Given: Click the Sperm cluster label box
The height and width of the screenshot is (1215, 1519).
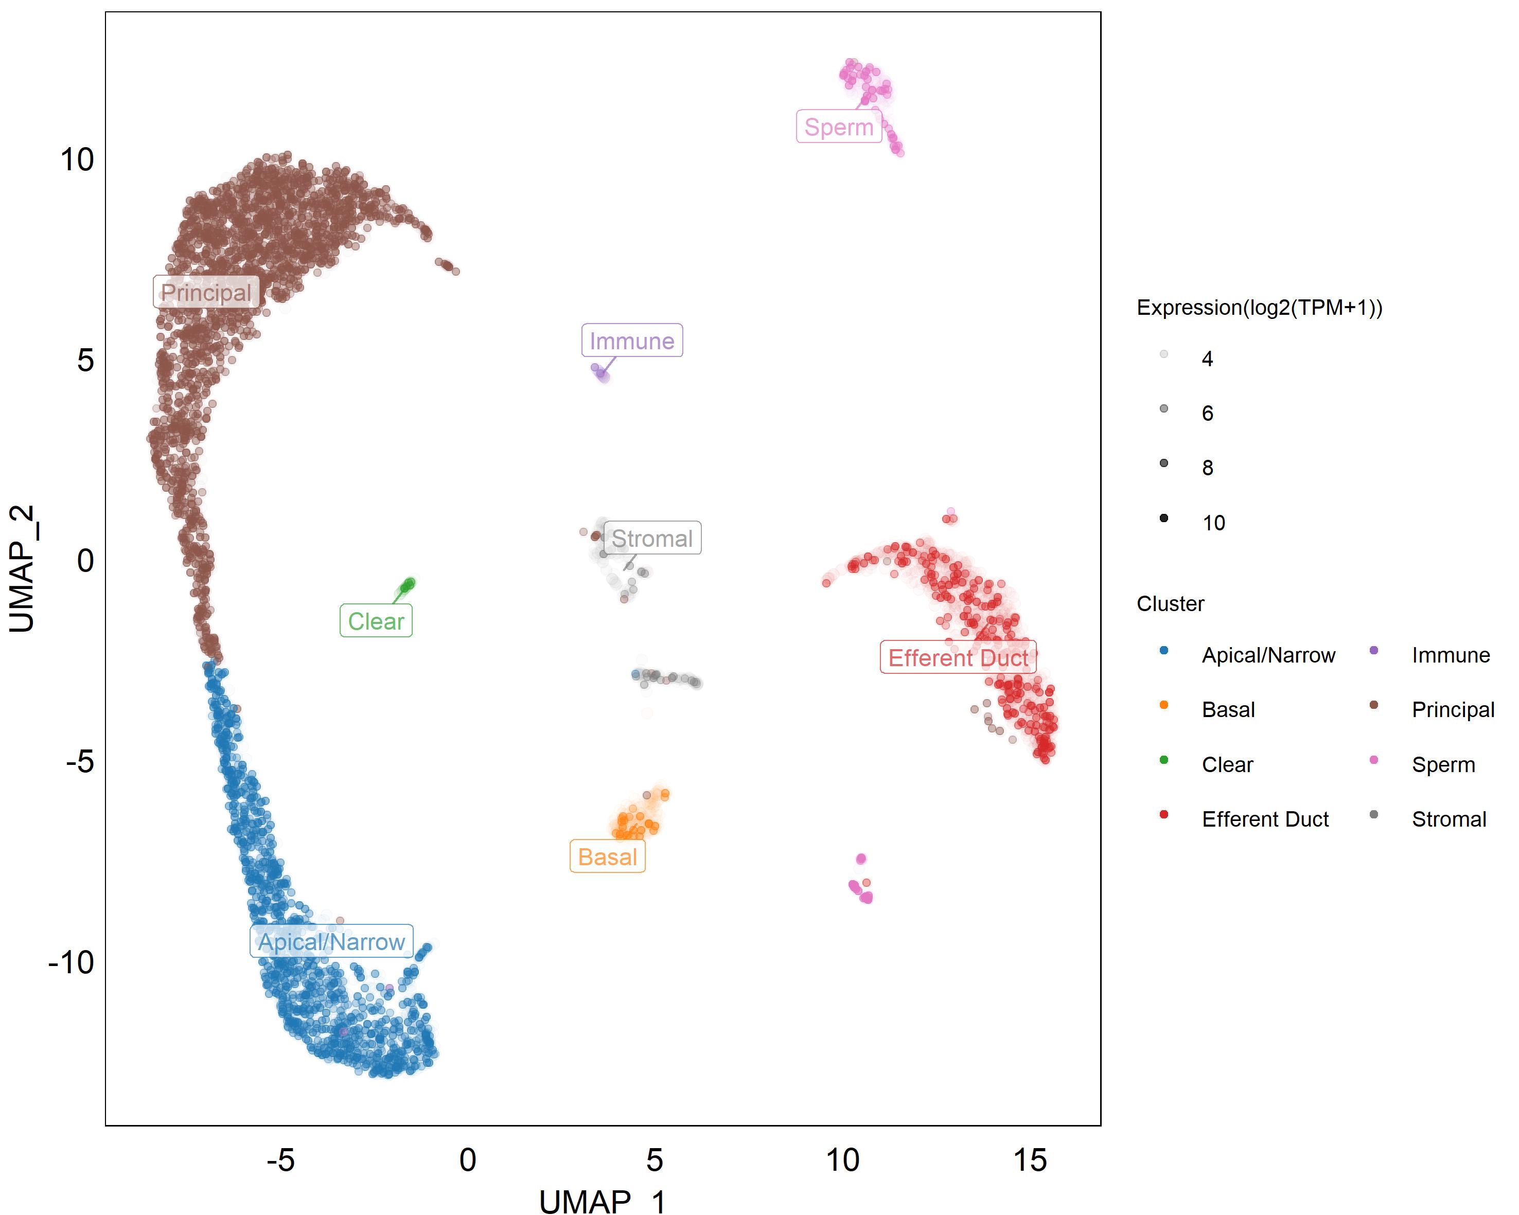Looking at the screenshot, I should pyautogui.click(x=838, y=127).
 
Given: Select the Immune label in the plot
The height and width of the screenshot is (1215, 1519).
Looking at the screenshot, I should pyautogui.click(x=631, y=341).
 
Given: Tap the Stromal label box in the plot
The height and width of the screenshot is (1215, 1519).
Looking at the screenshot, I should pyautogui.click(x=652, y=538).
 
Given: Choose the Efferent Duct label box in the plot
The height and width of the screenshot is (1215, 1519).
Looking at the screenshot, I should pyautogui.click(x=958, y=657).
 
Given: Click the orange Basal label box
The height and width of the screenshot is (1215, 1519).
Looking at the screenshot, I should pyautogui.click(x=607, y=856).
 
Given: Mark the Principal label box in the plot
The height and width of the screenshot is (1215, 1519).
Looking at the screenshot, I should pyautogui.click(x=206, y=292).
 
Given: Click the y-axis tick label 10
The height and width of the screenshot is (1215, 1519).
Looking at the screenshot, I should pyautogui.click(x=77, y=160).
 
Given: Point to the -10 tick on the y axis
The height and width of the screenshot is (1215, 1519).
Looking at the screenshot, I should pyautogui.click(x=71, y=962).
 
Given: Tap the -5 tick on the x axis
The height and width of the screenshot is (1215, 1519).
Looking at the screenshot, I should pyautogui.click(x=280, y=1160).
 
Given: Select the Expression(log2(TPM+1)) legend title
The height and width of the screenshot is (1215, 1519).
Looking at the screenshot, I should pyautogui.click(x=1259, y=308).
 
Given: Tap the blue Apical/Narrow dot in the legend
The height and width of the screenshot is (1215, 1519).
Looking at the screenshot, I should pyautogui.click(x=1164, y=651).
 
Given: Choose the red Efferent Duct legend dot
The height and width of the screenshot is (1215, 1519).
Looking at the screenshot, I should pyautogui.click(x=1164, y=815).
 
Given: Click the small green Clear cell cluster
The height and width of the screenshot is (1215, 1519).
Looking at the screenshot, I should pyautogui.click(x=407, y=584).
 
